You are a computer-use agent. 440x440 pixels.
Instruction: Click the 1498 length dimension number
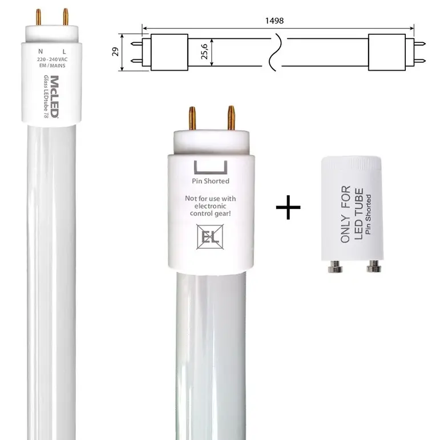click(274, 21)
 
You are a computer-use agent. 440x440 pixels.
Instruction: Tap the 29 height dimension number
click(115, 51)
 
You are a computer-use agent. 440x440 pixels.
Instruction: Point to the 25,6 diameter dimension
click(204, 51)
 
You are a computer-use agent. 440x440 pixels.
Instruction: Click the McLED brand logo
click(55, 96)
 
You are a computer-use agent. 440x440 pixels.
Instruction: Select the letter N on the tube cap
click(41, 51)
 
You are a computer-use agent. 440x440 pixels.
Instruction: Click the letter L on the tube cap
click(64, 51)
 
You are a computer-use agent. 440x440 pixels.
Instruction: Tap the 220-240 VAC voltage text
click(52, 59)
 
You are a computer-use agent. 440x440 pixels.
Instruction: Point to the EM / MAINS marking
click(52, 66)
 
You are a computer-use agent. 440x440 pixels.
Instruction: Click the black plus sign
click(288, 207)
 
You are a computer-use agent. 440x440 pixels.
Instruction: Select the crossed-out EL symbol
click(210, 237)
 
